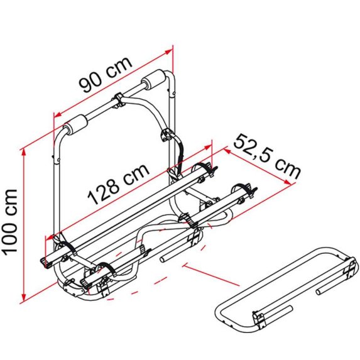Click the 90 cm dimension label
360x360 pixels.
pos(106,74)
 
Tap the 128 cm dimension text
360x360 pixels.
pos(119,184)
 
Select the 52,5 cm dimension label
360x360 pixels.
pos(267,156)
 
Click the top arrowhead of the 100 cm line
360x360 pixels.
pos(23,153)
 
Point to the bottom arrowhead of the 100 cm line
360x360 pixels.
pos(23,297)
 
